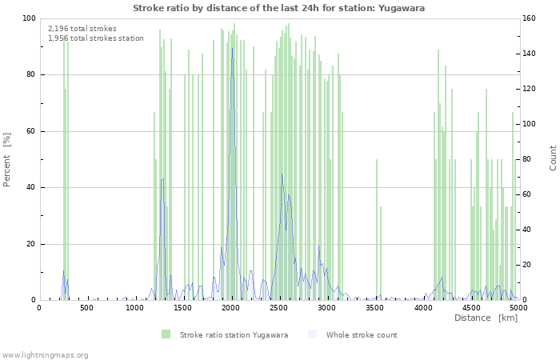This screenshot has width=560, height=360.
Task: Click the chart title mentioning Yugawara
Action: (279, 8)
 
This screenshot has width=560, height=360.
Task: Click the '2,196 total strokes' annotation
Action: (82, 29)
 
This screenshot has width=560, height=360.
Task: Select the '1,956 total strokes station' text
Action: (96, 38)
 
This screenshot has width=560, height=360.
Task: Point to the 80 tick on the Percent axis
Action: (30, 75)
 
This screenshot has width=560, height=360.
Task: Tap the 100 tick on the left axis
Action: (29, 18)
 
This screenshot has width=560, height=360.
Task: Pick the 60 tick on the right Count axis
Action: (528, 194)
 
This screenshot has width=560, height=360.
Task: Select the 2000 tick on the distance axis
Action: (231, 307)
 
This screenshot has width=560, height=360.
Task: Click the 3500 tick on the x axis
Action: (375, 307)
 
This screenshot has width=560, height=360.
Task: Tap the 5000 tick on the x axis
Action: (518, 307)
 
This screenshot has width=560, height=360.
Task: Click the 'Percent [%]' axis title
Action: (7, 159)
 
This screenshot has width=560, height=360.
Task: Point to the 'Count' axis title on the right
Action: (553, 158)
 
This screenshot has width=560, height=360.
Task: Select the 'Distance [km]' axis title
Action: (486, 318)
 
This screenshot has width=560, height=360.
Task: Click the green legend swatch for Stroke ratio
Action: (166, 334)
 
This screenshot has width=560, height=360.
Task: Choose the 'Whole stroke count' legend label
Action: (362, 334)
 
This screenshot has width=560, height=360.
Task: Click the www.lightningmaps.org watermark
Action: (45, 354)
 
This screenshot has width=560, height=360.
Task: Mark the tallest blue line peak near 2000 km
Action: (233, 48)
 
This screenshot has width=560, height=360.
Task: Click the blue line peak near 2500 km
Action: (282, 174)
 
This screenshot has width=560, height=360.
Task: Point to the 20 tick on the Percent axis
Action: (30, 244)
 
